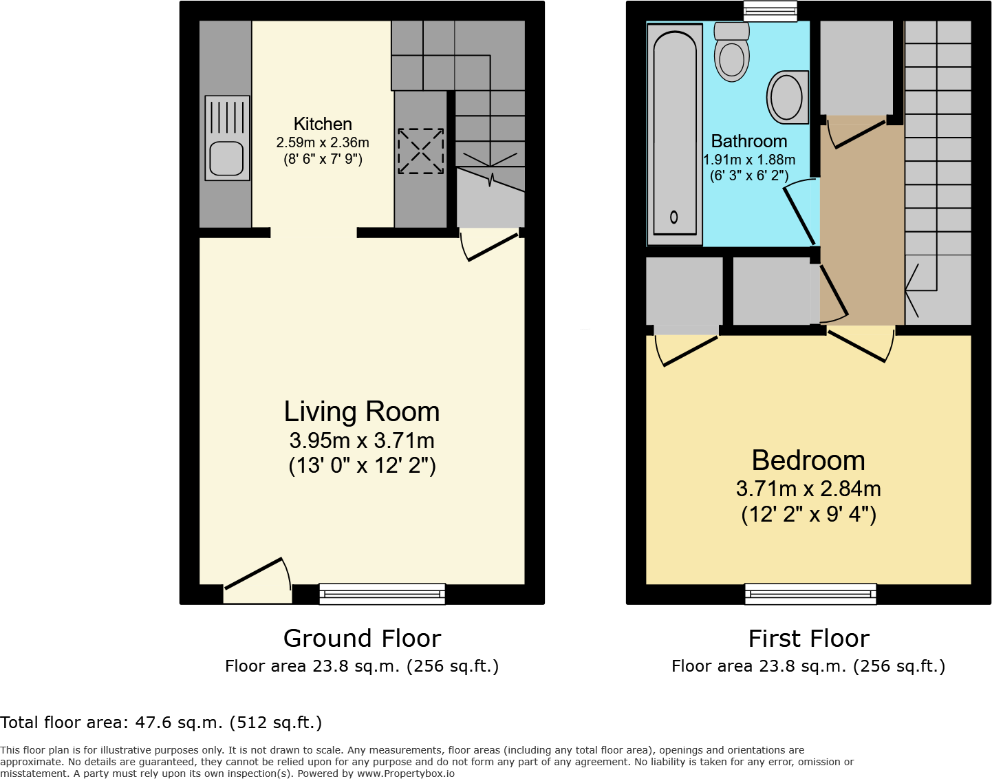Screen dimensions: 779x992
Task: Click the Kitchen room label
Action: [323, 124]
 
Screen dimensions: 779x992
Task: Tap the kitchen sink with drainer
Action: [227, 138]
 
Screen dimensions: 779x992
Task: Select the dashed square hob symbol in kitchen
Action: [420, 151]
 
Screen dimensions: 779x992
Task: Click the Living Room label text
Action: [362, 412]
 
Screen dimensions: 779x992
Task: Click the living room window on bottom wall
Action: [382, 593]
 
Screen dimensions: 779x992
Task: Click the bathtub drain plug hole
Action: [673, 217]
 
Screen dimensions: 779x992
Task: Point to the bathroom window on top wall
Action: [770, 10]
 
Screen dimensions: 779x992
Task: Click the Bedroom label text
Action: [808, 460]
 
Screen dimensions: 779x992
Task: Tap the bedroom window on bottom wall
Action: [810, 593]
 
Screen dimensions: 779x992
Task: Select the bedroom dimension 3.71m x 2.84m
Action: [808, 489]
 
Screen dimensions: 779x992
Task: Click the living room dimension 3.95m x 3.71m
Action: [362, 440]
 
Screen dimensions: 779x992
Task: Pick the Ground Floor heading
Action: [362, 639]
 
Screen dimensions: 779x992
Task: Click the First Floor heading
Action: [808, 639]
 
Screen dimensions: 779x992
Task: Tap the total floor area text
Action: [161, 723]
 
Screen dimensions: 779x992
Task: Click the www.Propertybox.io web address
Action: [405, 773]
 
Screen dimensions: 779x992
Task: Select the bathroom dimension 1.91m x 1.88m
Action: [749, 160]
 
